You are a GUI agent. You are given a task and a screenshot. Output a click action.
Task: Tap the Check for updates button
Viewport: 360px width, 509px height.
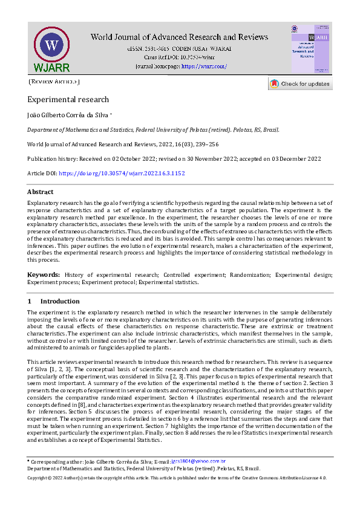coord(300,84)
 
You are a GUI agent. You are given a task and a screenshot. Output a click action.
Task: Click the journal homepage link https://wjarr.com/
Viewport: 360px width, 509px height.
coord(204,66)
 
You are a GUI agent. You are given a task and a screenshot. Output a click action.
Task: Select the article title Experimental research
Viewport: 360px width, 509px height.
coord(68,100)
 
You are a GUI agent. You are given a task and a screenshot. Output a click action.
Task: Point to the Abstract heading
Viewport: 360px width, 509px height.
coord(40,192)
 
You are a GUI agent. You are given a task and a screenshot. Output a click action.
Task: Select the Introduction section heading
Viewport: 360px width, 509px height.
coord(60,301)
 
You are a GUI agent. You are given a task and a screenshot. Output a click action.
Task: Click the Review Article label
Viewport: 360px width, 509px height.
coord(54,81)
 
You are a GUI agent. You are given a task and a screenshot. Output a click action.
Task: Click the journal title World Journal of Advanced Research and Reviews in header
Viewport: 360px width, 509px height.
coord(179,37)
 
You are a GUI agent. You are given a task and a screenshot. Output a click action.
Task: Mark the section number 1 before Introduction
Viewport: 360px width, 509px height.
coord(29,301)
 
